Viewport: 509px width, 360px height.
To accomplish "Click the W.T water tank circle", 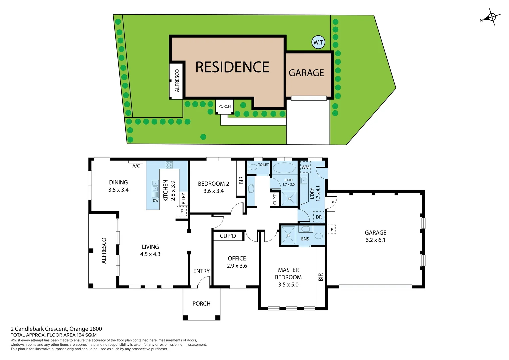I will [318, 42].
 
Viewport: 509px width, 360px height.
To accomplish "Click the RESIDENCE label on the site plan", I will [232, 67].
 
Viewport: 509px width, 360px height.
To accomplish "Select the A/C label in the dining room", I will [136, 166].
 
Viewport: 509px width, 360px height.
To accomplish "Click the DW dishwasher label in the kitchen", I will [156, 200].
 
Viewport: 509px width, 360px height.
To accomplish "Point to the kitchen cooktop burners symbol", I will [169, 165].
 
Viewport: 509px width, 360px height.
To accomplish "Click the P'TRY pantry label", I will [183, 199].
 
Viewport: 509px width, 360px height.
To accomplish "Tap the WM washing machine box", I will [305, 167].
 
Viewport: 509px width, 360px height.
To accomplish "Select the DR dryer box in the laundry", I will [319, 217].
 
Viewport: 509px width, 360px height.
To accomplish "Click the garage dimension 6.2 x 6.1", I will [375, 240].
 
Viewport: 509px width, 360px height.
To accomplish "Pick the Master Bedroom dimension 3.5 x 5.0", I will [288, 285].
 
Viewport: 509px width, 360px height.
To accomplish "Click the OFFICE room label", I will [237, 258].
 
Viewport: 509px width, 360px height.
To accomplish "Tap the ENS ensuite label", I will [305, 239].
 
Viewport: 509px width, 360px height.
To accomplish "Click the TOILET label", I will [263, 165].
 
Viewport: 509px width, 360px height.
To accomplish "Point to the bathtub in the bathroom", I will [284, 168].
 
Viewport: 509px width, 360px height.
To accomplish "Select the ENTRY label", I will [201, 271].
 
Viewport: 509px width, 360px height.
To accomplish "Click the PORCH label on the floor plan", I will [201, 304].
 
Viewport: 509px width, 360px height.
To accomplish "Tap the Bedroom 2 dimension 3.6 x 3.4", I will [213, 191].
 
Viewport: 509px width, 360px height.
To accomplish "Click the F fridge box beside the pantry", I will [182, 211].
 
